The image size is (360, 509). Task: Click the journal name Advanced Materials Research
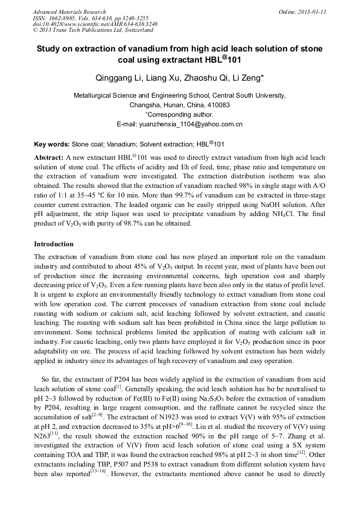[x=69, y=12]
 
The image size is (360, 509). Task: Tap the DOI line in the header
[x=95, y=24]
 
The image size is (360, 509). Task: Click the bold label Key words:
[x=52, y=144]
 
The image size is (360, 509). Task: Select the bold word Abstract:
[x=49, y=158]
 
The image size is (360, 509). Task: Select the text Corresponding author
[x=181, y=115]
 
